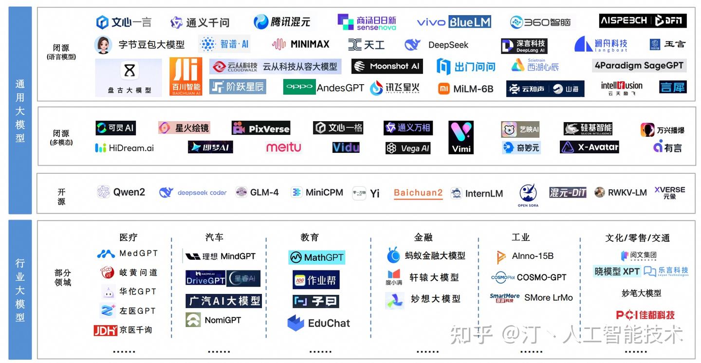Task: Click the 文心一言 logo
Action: [x=124, y=22]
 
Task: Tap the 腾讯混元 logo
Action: [x=282, y=22]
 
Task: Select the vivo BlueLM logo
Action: [x=454, y=22]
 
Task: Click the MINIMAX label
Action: [x=301, y=44]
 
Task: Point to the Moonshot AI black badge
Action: [x=387, y=66]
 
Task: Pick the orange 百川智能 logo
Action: [x=186, y=76]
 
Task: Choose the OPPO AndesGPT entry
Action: [x=324, y=88]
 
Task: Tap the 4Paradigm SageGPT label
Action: [x=639, y=65]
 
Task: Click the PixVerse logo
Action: [x=261, y=128]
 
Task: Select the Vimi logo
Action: [x=461, y=138]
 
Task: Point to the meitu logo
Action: [x=283, y=147]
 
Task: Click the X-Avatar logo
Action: [x=590, y=147]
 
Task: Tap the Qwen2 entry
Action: [x=121, y=192]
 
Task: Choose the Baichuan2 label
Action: [x=418, y=193]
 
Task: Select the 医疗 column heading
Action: [x=129, y=237]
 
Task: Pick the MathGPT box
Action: [x=316, y=257]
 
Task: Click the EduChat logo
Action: [x=318, y=323]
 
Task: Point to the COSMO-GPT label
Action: [x=529, y=277]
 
